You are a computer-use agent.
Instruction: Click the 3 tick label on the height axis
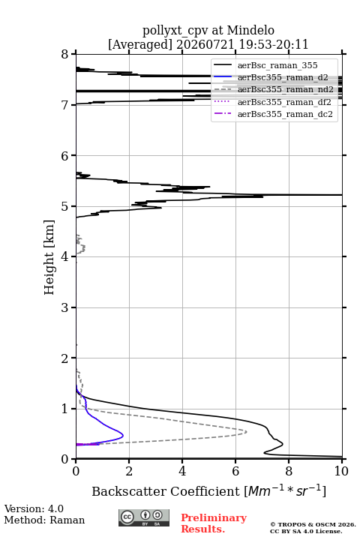65,307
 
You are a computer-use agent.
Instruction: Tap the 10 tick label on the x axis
341,471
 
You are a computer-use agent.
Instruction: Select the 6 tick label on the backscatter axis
235,471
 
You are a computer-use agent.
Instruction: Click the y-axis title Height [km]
49,257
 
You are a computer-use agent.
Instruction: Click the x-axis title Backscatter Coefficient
166,491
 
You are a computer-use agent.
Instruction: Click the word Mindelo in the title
250,30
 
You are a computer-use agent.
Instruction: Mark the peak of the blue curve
123,436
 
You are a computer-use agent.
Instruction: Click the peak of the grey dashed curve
247,431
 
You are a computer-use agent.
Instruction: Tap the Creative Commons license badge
144,517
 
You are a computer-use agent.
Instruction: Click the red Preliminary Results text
214,523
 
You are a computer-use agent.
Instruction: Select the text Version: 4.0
34,508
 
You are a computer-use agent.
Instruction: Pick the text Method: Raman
44,520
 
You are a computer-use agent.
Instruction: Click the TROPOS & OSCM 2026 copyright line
313,524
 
